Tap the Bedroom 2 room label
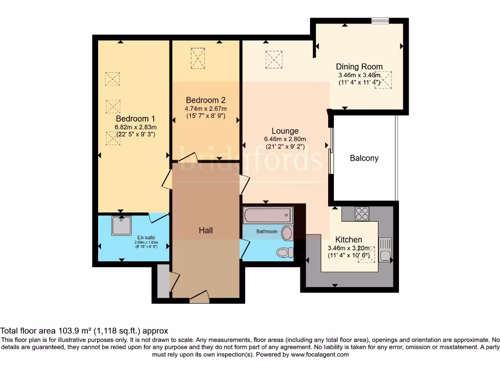(206, 100)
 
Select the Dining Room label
(359, 67)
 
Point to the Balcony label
(364, 158)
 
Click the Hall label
(206, 230)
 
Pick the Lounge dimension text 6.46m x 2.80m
(285, 139)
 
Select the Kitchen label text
(349, 240)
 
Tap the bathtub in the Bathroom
(267, 215)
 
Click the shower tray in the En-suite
(121, 226)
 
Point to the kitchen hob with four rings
(362, 213)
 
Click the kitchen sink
(385, 249)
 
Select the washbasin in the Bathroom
(287, 233)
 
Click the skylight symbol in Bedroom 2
(198, 58)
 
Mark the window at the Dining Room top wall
(379, 20)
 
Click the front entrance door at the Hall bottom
(199, 297)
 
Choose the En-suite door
(158, 218)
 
